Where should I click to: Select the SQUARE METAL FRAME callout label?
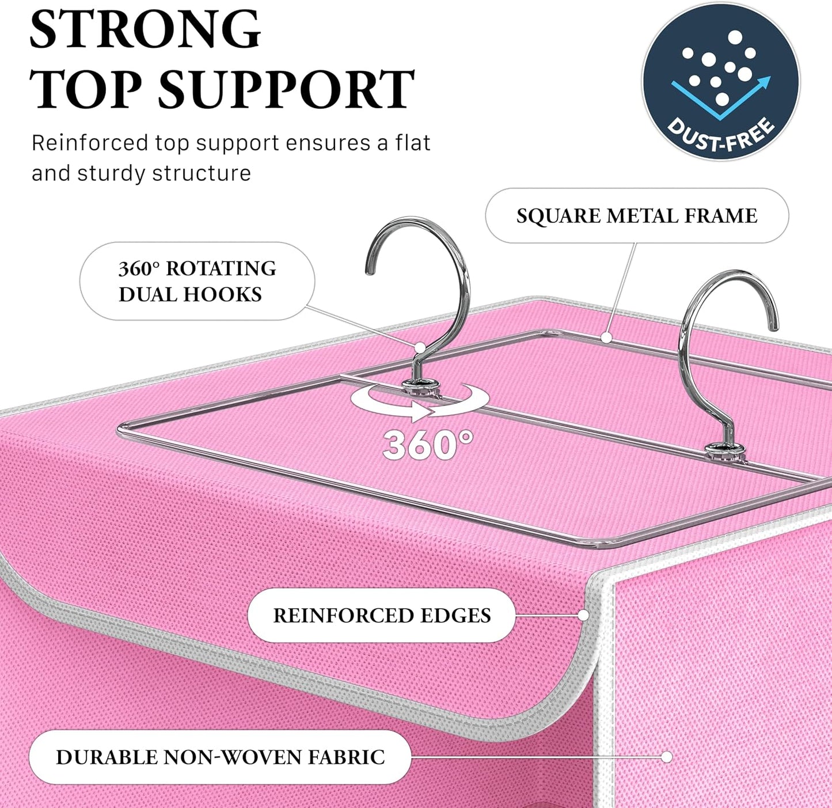click(637, 215)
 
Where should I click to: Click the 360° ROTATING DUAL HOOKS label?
click(197, 281)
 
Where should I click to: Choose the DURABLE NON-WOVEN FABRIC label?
click(220, 757)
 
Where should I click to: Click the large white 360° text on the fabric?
click(428, 445)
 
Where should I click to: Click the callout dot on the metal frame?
click(606, 338)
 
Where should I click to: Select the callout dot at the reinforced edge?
click(583, 615)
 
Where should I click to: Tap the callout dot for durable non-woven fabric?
click(667, 757)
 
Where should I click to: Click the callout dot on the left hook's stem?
click(420, 347)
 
